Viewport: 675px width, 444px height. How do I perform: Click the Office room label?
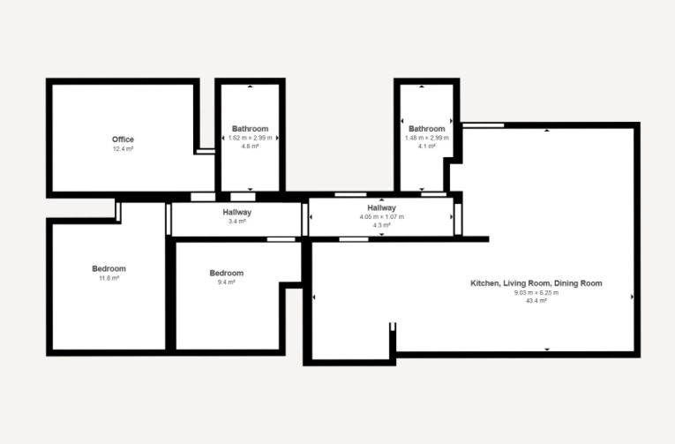123,139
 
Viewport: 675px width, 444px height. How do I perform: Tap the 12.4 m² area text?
124,149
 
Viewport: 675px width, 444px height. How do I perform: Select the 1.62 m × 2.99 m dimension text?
250,138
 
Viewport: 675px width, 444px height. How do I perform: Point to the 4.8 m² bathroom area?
250,147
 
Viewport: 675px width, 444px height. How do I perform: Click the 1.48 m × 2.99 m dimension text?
426,138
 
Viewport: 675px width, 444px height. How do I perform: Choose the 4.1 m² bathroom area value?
426,147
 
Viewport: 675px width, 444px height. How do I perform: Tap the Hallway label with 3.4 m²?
237,213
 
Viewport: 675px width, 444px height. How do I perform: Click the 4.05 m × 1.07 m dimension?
382,216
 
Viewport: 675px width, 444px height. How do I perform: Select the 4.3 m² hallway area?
382,225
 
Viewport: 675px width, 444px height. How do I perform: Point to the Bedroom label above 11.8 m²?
109,268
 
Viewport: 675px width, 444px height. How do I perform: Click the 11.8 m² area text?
109,278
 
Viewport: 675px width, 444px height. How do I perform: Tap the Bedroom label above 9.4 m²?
227,273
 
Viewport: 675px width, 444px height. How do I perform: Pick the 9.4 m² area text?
227,282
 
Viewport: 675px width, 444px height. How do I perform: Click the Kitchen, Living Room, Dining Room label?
536,283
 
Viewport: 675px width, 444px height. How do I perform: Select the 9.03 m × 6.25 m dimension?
536,293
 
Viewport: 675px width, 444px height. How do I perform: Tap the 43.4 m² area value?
536,301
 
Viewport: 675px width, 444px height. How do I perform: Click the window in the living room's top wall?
483,125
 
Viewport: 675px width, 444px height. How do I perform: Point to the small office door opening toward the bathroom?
206,151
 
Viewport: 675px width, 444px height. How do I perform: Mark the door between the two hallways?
304,220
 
